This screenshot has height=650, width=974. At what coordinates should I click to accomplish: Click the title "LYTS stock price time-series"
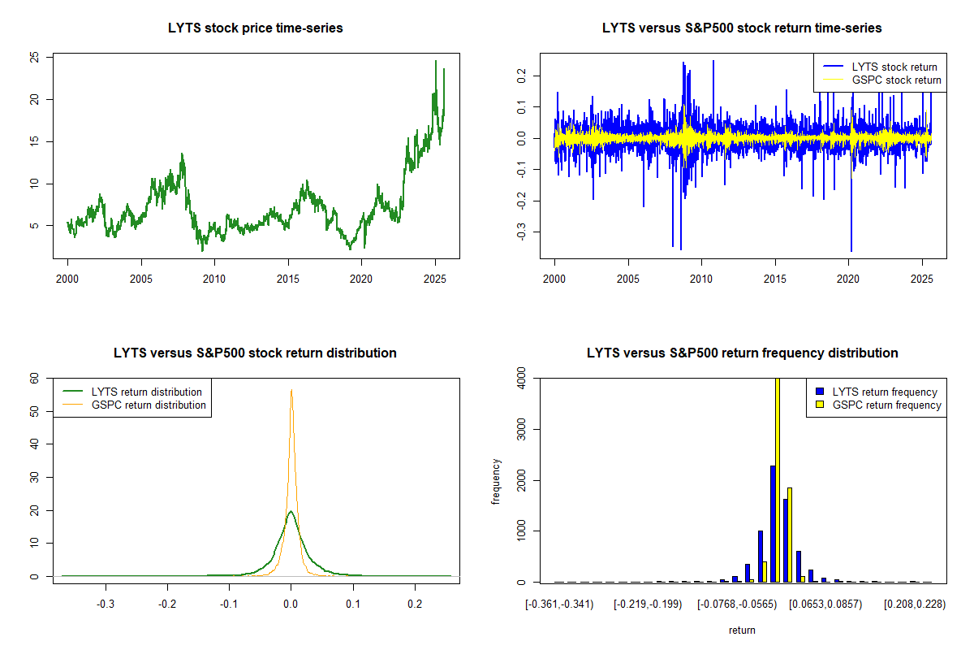(x=255, y=28)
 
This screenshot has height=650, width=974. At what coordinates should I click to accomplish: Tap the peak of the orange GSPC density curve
(x=291, y=390)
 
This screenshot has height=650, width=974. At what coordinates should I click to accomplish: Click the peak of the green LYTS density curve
(x=291, y=511)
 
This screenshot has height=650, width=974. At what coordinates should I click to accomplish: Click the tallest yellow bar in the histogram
(x=778, y=479)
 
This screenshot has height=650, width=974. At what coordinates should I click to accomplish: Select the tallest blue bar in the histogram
(x=773, y=524)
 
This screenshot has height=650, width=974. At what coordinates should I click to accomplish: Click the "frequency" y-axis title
(x=497, y=482)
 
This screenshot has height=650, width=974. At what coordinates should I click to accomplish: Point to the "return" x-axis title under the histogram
(x=742, y=630)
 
